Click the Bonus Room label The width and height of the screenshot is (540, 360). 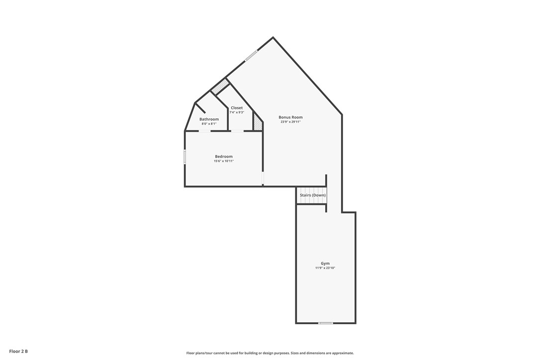[x=290, y=117]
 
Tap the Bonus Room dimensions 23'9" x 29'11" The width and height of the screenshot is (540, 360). [x=290, y=122]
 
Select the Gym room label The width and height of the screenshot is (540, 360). [x=325, y=264]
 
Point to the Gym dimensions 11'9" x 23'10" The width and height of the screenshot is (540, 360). [x=325, y=268]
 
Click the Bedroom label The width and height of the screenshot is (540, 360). [x=224, y=157]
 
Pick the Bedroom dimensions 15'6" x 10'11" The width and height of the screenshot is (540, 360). [x=224, y=161]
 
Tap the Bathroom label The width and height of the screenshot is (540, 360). [x=209, y=119]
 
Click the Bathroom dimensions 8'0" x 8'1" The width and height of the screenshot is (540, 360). [x=209, y=124]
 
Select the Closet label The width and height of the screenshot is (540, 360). [x=237, y=108]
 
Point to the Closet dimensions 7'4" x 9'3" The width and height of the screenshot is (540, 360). [x=237, y=112]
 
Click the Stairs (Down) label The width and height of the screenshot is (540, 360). [x=312, y=195]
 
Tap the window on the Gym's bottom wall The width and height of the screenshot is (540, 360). [x=326, y=323]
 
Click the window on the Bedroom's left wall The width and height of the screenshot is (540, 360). [x=185, y=157]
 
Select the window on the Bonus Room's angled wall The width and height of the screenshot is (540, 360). [x=251, y=55]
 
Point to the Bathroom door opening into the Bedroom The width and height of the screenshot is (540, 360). [x=204, y=131]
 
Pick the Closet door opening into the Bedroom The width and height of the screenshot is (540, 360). [x=238, y=131]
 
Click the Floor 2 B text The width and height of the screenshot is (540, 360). [x=18, y=352]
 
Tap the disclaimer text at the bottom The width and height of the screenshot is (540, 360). [x=270, y=353]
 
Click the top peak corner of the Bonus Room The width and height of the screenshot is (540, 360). [x=273, y=37]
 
